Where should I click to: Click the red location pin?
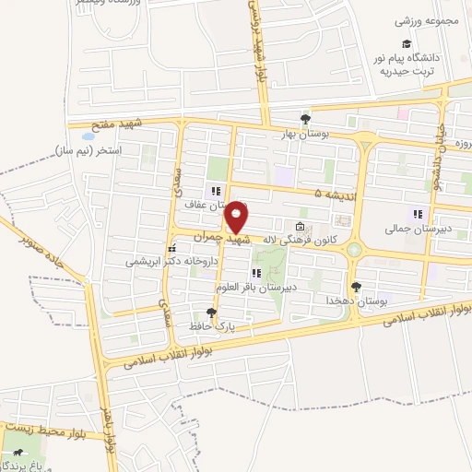(237, 216)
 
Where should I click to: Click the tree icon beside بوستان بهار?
(306, 118)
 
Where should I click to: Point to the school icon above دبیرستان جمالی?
(418, 214)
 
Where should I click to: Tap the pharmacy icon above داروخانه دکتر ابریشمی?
(171, 248)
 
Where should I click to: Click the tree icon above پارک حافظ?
(211, 313)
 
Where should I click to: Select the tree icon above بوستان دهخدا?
(356, 288)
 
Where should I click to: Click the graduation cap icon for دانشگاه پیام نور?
(406, 44)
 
